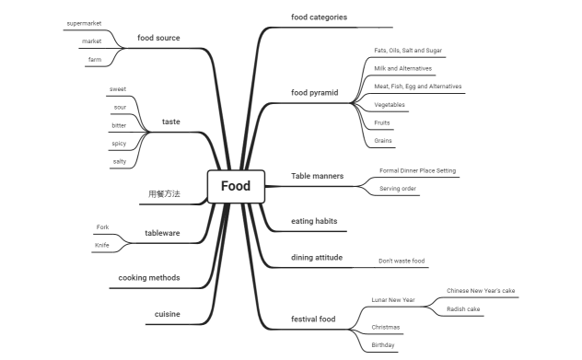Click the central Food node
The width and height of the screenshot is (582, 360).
236,186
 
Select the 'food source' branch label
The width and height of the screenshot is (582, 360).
158,38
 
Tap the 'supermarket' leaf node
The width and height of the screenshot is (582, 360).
85,22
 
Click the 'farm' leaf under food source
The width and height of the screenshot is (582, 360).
94,59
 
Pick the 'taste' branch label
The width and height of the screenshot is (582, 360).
171,122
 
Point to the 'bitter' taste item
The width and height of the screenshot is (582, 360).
119,125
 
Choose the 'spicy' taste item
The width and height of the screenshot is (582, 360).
119,144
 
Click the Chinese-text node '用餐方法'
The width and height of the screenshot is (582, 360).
165,194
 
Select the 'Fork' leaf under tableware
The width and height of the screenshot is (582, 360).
102,226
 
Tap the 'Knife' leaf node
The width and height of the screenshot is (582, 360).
101,245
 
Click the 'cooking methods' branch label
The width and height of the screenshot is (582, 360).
149,277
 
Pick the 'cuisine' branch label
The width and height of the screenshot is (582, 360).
167,314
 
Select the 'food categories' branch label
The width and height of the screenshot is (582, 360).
319,17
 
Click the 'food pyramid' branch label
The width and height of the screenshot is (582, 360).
315,92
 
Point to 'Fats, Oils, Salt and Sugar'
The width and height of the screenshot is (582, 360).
408,50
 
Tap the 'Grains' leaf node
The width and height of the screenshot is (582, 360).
384,140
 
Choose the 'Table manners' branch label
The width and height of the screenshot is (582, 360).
317,175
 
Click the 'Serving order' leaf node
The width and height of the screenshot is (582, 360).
398,189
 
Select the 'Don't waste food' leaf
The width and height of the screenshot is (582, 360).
402,261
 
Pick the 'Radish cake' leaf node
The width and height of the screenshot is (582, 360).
463,309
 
